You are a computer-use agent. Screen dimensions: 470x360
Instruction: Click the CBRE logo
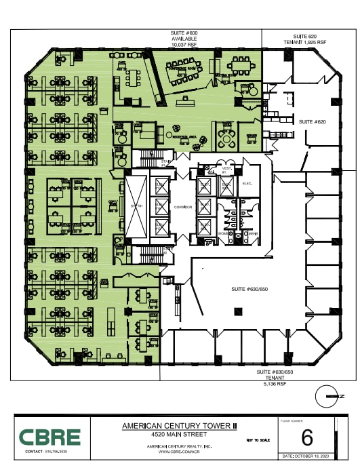(49, 437)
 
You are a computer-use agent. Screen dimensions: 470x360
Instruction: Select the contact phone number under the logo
(58, 451)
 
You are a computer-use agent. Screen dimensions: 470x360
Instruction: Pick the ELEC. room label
(247, 183)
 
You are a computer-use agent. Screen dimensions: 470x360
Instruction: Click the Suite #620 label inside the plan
(312, 121)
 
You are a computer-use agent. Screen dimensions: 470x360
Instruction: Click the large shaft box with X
(135, 206)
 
